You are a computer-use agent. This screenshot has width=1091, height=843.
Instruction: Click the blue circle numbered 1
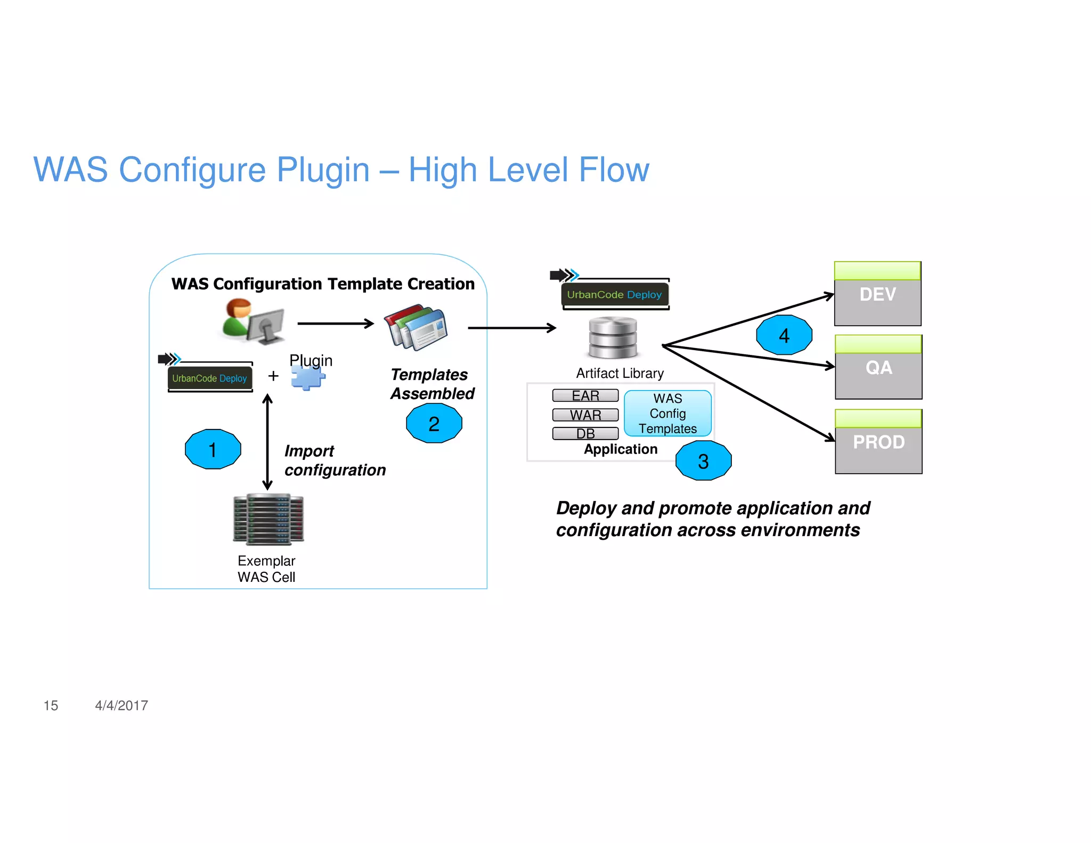213,449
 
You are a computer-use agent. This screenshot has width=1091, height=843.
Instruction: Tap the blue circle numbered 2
434,423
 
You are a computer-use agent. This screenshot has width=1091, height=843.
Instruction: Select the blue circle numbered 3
703,460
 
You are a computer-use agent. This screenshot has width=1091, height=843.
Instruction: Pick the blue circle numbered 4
784,335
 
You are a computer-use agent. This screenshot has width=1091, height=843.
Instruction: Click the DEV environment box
877,294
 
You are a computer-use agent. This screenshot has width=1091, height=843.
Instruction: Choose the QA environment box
878,368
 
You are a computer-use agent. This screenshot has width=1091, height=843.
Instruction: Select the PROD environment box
878,442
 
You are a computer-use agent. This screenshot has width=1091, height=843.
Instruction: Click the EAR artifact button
585,395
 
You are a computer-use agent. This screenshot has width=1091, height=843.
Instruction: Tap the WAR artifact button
585,415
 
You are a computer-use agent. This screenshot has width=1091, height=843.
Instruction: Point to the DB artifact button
585,433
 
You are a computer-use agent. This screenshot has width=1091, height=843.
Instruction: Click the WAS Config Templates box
667,414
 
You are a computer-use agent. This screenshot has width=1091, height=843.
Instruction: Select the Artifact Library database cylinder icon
613,337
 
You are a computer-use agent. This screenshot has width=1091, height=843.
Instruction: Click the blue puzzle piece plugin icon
308,378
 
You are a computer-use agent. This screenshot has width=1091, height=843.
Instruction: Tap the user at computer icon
253,321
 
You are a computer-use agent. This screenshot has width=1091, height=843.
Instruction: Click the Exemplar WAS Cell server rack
268,520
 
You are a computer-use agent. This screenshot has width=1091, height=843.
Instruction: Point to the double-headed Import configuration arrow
267,442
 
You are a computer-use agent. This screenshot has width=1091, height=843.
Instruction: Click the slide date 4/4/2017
121,706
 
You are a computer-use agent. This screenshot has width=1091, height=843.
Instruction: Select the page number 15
51,706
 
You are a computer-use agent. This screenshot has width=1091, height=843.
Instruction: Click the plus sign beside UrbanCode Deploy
273,376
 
